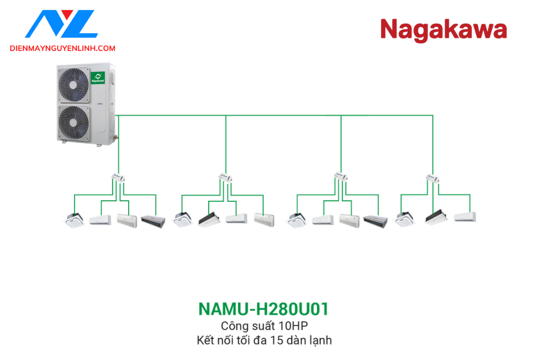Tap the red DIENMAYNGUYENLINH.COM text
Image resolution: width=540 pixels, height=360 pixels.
(x=62, y=48)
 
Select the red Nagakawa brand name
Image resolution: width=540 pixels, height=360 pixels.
(x=443, y=30)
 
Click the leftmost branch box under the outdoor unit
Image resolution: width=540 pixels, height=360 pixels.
(x=117, y=178)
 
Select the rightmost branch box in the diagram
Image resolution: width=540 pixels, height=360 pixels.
(x=433, y=178)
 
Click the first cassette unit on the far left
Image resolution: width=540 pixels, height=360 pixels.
(x=74, y=219)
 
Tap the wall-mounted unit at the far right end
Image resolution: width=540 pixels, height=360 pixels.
(x=465, y=217)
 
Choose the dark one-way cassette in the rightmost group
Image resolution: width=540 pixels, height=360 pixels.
(x=437, y=217)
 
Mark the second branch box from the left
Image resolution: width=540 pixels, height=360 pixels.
(x=226, y=178)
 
